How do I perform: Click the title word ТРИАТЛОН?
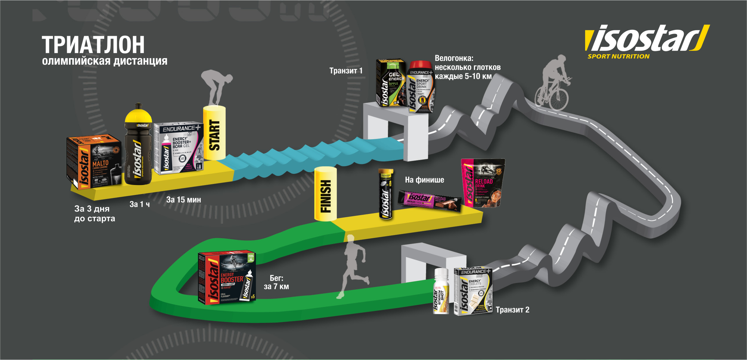93,45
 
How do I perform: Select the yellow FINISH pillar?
325,194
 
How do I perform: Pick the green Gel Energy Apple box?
391,83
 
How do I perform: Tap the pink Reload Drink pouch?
483,183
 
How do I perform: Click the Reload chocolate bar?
430,199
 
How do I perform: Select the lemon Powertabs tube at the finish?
386,194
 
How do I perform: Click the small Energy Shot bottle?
441,291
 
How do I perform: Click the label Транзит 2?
512,310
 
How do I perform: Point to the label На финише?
424,180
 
